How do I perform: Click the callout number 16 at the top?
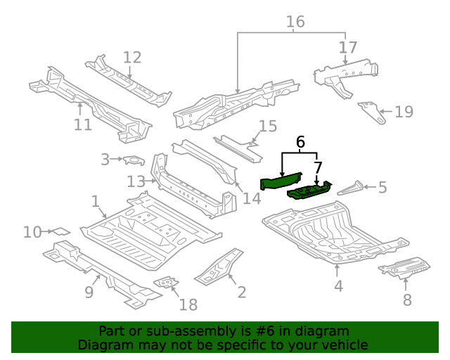click(x=295, y=22)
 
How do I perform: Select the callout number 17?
click(x=347, y=48)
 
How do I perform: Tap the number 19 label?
click(x=404, y=111)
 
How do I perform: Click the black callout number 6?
click(x=301, y=142)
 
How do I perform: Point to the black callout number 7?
click(x=318, y=167)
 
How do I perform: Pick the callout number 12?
click(x=132, y=58)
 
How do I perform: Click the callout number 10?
click(x=32, y=231)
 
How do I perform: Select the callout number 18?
click(x=188, y=304)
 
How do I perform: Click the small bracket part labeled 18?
click(x=166, y=283)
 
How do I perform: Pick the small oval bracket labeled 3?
click(x=134, y=161)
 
